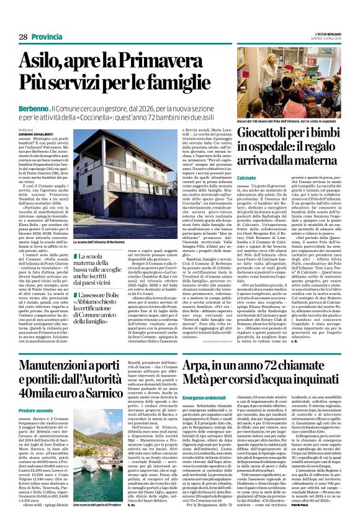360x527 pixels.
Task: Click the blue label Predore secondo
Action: pos(35,411)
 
